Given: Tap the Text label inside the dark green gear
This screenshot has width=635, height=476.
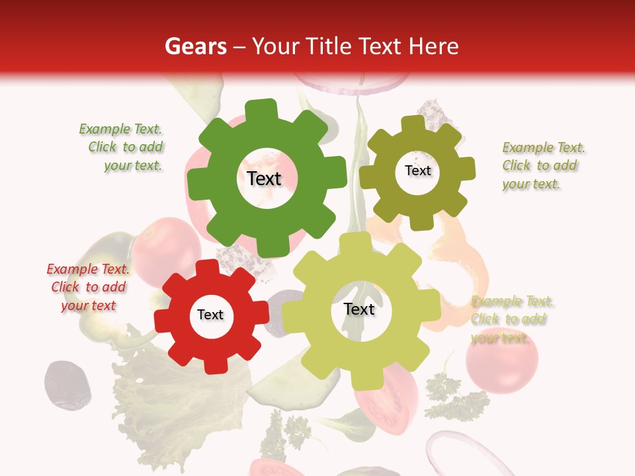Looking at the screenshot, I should tap(264, 178).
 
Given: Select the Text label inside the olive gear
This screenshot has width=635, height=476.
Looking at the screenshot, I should tap(417, 171).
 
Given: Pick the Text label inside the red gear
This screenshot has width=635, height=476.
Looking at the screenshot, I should tap(210, 315).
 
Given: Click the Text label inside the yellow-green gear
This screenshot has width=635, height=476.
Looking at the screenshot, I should tap(359, 309).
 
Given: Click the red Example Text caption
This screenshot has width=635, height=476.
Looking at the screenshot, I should tap(89, 287).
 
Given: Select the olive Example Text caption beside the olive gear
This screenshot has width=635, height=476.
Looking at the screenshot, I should tap(542, 165).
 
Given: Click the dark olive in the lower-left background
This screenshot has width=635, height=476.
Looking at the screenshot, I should tap(66, 383).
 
